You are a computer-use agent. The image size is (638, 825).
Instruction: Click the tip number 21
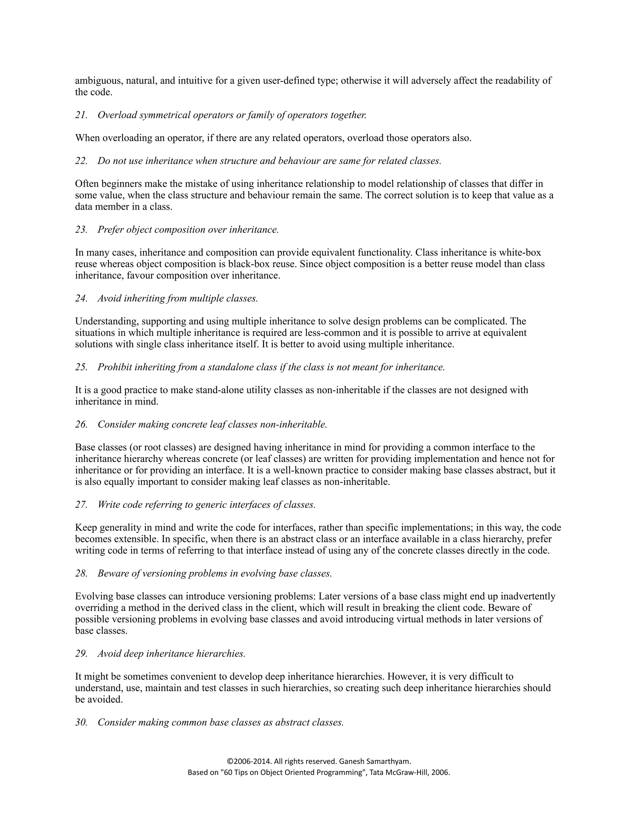point(81,115)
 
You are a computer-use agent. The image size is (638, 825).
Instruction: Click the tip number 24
point(81,299)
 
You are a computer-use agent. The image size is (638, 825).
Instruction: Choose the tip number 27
point(81,505)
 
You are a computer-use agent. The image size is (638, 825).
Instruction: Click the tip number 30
point(81,722)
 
